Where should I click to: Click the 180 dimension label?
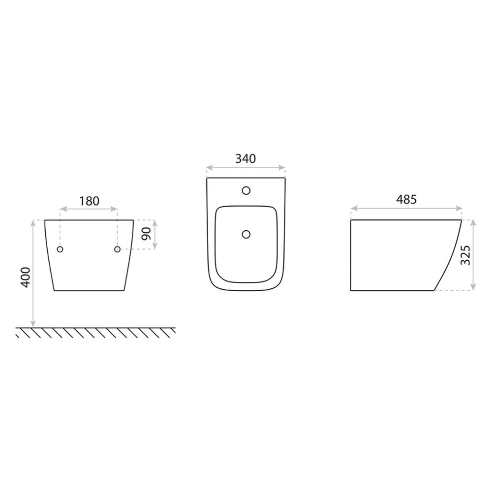(89, 201)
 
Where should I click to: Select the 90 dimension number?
(146, 233)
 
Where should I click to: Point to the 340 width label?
(246, 159)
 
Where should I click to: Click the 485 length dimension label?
(406, 199)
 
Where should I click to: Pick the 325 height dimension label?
(465, 255)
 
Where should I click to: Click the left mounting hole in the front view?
(60, 249)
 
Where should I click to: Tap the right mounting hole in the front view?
(117, 249)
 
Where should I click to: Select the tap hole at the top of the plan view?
(246, 190)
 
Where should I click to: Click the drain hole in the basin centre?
(246, 234)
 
